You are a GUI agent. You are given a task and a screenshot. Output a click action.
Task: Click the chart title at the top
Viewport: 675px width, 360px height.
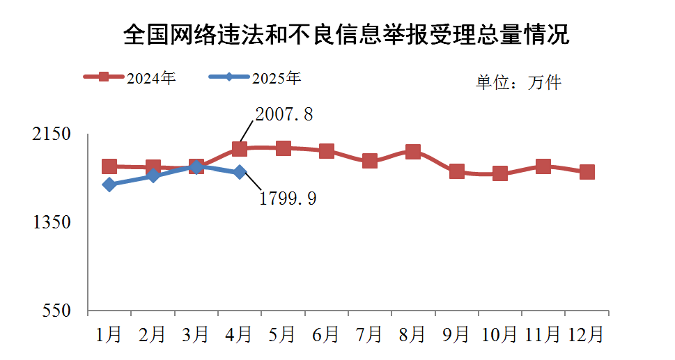point(346,34)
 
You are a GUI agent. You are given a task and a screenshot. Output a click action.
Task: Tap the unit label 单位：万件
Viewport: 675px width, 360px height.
point(518,83)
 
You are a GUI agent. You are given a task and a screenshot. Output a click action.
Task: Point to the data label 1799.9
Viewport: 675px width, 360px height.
point(288,199)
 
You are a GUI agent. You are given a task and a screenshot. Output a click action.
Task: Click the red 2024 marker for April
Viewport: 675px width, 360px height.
point(240,149)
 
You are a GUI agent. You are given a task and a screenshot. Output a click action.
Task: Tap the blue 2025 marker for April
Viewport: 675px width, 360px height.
point(240,172)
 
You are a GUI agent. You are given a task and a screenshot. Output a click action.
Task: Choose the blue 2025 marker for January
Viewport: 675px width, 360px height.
point(109,185)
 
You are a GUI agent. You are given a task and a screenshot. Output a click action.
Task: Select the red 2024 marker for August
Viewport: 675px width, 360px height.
point(413,152)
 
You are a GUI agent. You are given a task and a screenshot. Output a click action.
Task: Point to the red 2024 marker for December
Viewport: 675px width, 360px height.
point(587,172)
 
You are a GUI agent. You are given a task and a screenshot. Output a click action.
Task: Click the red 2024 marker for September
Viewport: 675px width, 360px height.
point(457,171)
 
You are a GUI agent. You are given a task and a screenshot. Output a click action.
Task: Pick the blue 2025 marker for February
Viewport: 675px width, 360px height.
point(153,176)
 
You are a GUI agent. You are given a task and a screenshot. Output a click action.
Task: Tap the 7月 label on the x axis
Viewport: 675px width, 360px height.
point(369,335)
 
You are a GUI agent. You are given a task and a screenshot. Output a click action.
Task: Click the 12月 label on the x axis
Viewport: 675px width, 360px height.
point(587,335)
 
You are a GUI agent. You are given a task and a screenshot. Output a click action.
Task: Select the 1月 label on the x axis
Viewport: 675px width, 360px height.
point(109,335)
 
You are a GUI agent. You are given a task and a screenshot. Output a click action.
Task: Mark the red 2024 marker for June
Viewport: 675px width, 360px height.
point(326,151)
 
